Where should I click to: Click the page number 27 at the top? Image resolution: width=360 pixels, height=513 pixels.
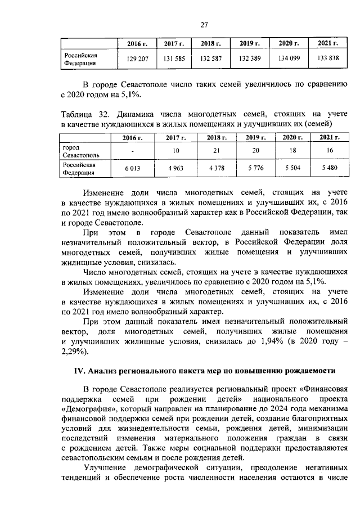205,24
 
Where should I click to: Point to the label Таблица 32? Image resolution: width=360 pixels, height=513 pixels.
82,114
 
